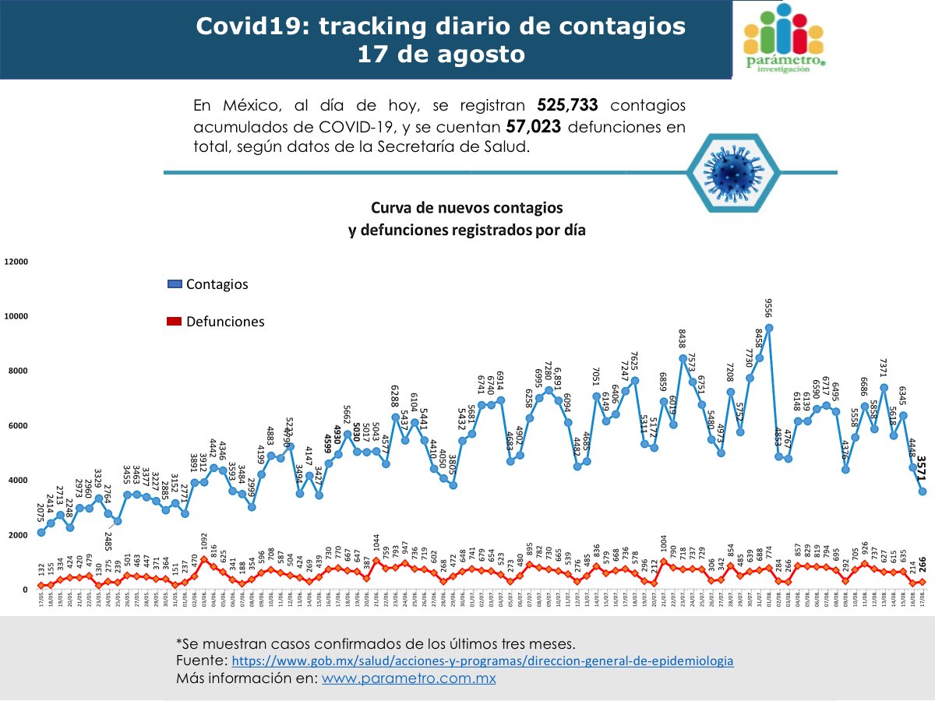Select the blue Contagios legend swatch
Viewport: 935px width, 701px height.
(174, 284)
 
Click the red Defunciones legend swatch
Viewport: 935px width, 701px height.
(174, 322)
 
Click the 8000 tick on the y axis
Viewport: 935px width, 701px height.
(18, 372)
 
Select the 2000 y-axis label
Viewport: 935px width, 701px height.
(18, 535)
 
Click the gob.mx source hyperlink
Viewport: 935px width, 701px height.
(482, 660)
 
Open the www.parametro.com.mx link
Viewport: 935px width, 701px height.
(409, 678)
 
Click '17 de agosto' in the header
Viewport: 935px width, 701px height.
(440, 55)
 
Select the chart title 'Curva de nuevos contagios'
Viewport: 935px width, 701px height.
(466, 209)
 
